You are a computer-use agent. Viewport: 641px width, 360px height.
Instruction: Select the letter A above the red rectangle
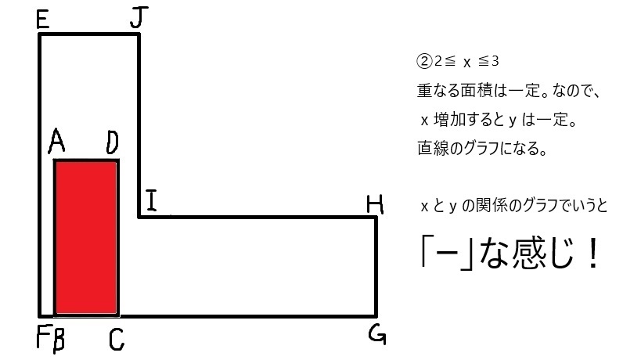(x=56, y=142)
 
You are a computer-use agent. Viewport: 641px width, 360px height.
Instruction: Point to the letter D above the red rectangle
(x=112, y=142)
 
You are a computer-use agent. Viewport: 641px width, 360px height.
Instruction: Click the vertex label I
(x=151, y=203)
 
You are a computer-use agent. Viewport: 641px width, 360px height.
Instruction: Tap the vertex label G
(x=376, y=335)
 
